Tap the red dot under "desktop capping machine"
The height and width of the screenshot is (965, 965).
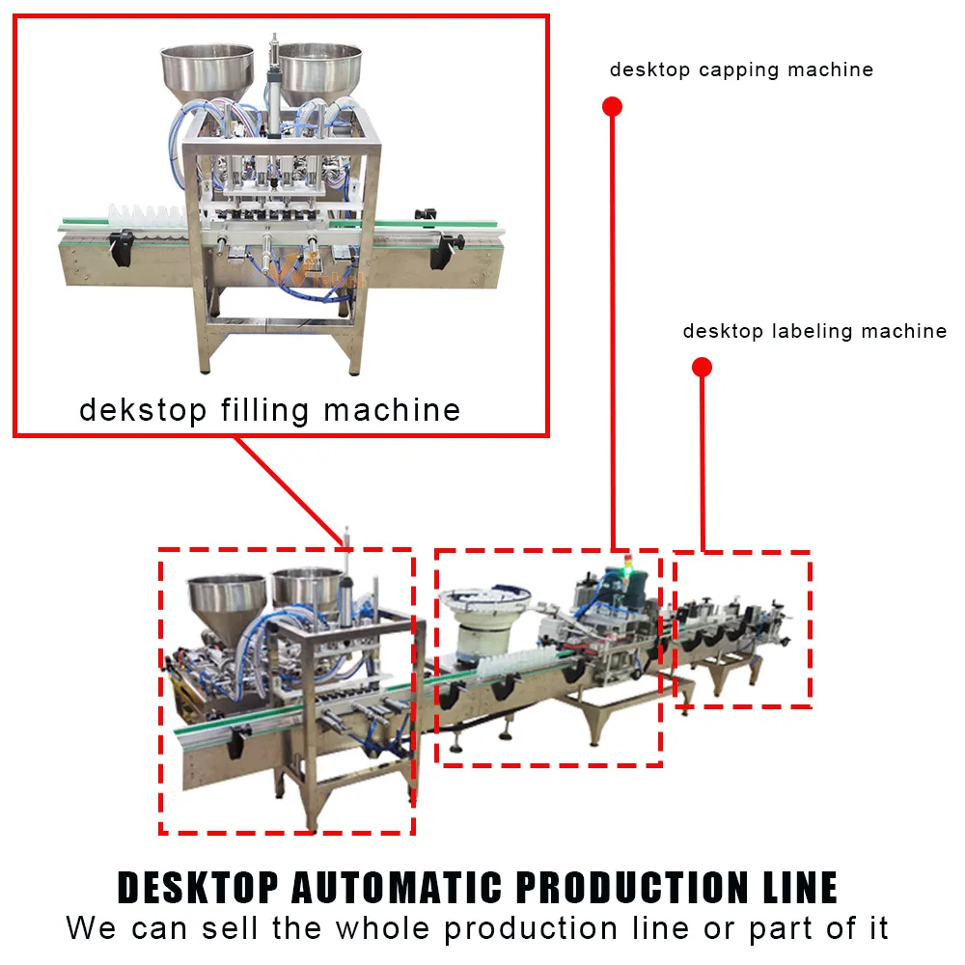click(612, 106)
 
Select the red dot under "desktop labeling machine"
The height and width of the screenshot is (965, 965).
click(703, 367)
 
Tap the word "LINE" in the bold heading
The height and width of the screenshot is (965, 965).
click(796, 888)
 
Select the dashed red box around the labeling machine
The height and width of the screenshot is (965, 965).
click(741, 553)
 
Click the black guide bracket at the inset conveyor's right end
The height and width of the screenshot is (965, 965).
click(444, 249)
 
